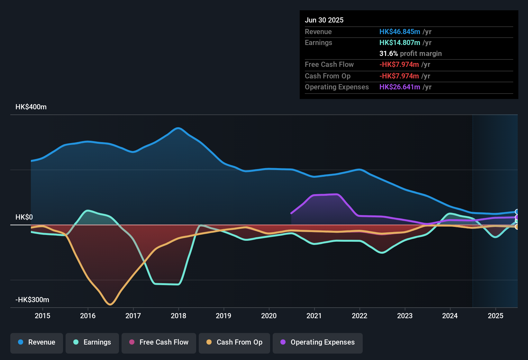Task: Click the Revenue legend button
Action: click(37, 342)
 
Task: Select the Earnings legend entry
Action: click(92, 342)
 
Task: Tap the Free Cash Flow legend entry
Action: click(159, 342)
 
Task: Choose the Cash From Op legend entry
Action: click(234, 342)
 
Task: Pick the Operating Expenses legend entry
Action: click(318, 342)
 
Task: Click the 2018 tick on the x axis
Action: click(178, 316)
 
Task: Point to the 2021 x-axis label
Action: click(314, 316)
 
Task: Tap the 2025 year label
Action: click(496, 316)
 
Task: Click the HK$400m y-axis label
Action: click(31, 107)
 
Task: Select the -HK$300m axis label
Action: click(32, 300)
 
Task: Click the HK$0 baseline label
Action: click(24, 217)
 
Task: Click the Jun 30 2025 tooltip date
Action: click(324, 20)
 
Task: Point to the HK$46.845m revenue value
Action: click(400, 32)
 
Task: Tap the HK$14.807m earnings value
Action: click(400, 43)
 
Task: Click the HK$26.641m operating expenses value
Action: click(400, 87)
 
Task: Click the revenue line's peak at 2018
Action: click(178, 128)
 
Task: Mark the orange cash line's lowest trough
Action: click(110, 304)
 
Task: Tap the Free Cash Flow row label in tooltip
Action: click(329, 65)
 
